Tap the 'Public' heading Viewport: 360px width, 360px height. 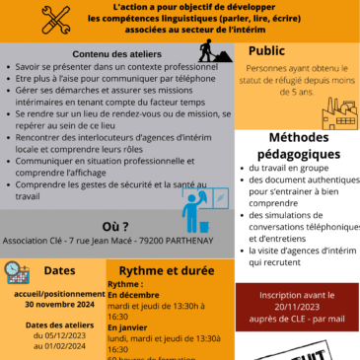267,50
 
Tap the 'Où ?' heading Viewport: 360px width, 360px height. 116,225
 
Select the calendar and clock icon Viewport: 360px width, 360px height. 18,273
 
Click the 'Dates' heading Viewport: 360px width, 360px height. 60,270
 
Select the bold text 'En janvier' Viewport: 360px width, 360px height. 128,326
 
